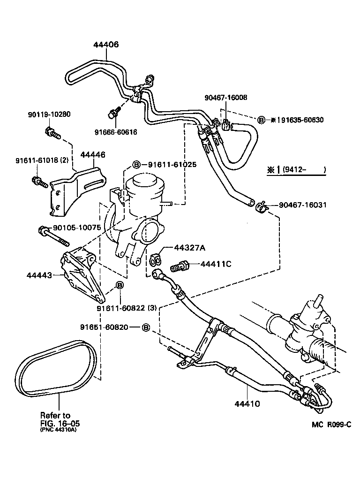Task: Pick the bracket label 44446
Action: click(x=92, y=154)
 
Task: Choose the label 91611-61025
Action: click(x=172, y=165)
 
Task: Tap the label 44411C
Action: click(x=216, y=264)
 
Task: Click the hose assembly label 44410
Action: click(x=247, y=403)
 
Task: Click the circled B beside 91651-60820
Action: click(x=145, y=327)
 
